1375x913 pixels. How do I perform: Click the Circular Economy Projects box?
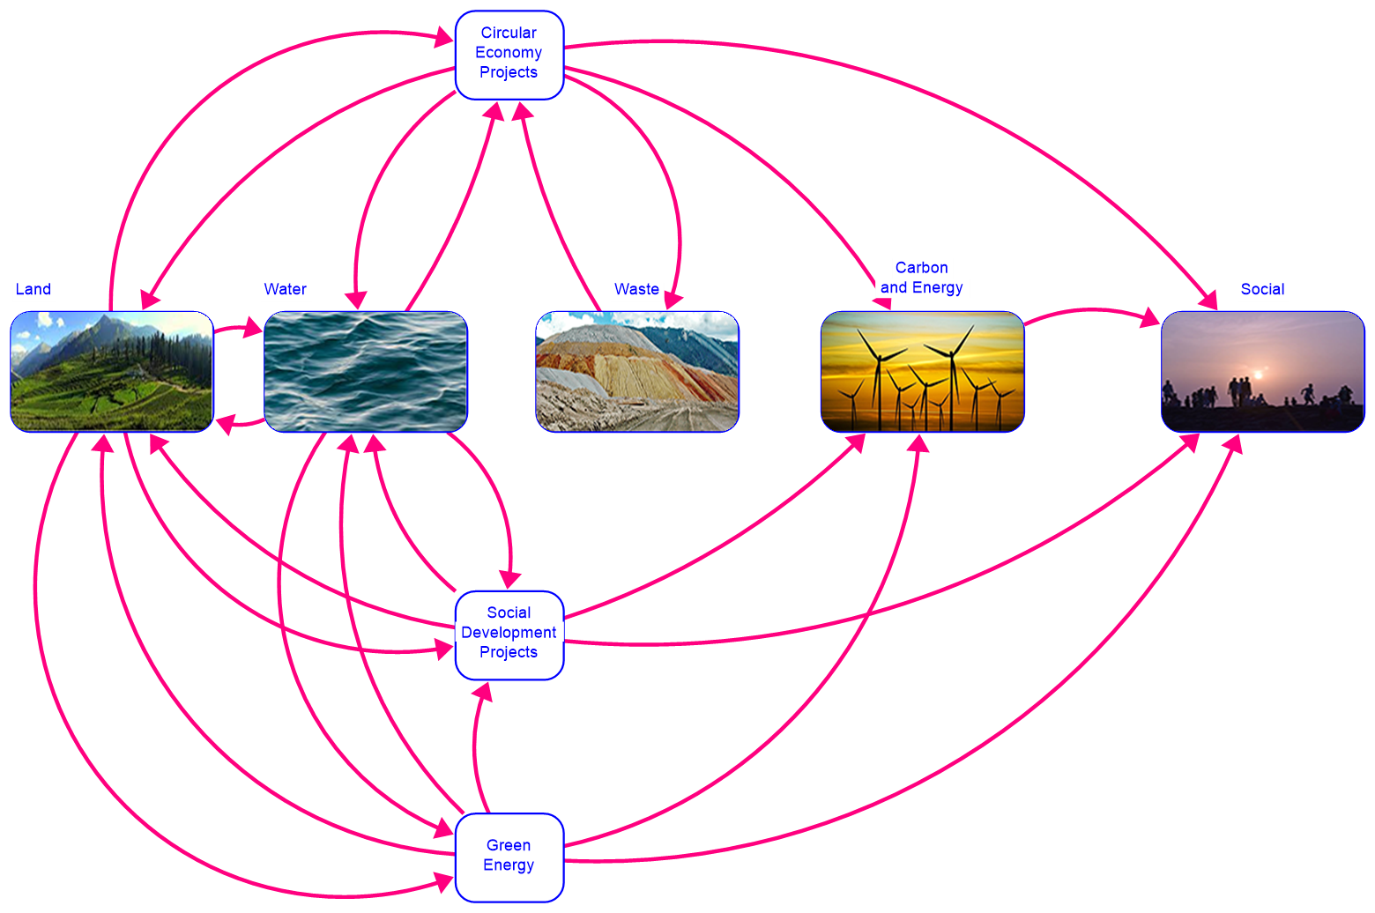click(x=509, y=54)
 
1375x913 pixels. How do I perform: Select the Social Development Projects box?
click(x=509, y=635)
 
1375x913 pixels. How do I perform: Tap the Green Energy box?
click(x=509, y=857)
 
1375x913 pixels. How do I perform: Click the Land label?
click(x=33, y=290)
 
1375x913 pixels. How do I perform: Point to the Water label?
click(x=286, y=290)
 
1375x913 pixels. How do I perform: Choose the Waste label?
click(x=636, y=290)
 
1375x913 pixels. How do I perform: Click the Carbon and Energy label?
click(x=922, y=278)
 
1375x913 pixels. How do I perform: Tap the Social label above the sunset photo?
click(x=1262, y=290)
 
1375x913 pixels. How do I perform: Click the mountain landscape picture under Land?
click(x=112, y=371)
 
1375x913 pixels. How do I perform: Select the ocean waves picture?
click(x=365, y=371)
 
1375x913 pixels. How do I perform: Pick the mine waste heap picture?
click(x=636, y=371)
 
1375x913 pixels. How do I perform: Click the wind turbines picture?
click(x=922, y=371)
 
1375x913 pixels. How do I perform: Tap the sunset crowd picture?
click(x=1262, y=371)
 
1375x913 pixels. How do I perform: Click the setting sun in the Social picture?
click(x=1258, y=375)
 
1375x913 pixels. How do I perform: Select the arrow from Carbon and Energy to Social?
click(x=1093, y=311)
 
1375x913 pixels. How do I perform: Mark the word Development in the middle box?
click(x=509, y=633)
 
